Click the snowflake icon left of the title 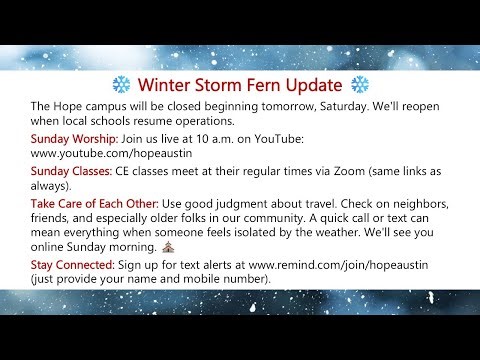[116, 84]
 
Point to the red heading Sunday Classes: [72, 173]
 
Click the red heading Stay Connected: [73, 263]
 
